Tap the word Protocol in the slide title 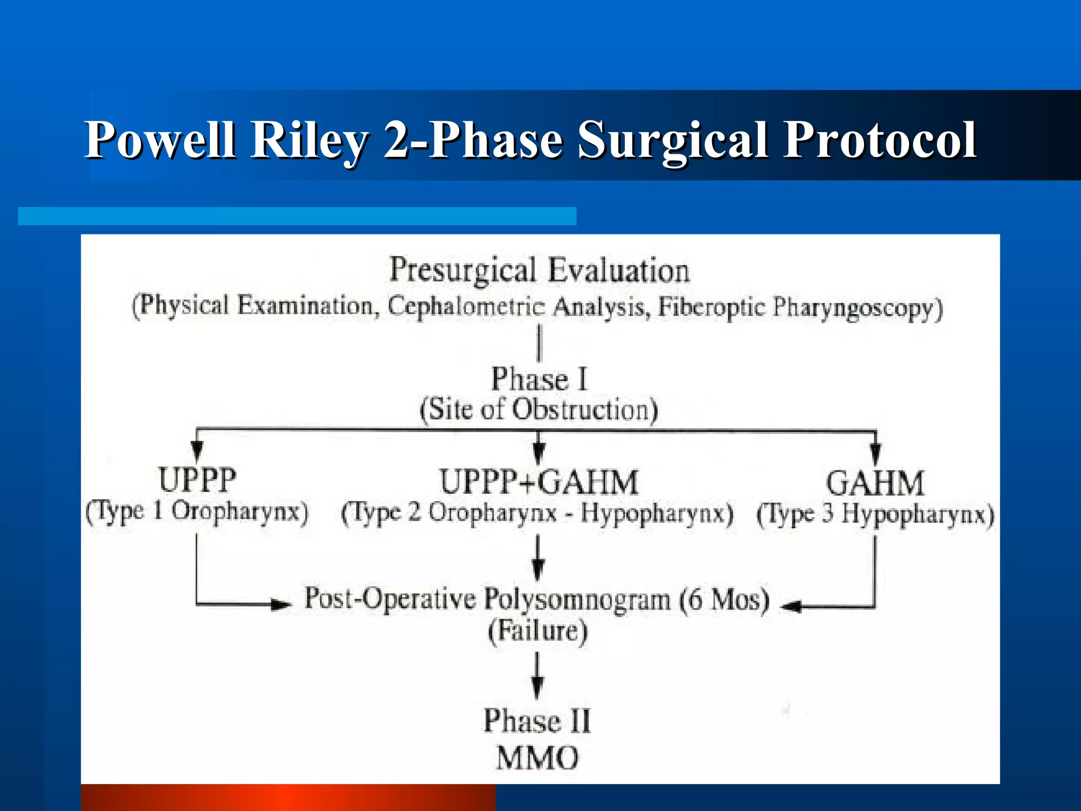tap(880, 140)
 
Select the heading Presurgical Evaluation tap(539, 270)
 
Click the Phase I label tap(539, 379)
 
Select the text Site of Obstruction tap(539, 410)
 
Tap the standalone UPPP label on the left tap(197, 480)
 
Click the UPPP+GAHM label tap(539, 482)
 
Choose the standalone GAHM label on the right tap(875, 483)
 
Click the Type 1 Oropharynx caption tap(197, 512)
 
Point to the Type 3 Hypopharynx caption tap(875, 514)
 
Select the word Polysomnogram tap(577, 600)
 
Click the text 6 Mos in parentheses tap(724, 600)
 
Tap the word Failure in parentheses tap(538, 631)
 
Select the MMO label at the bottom tap(537, 758)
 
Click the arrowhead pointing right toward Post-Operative tap(281, 604)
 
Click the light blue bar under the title tap(297, 216)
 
